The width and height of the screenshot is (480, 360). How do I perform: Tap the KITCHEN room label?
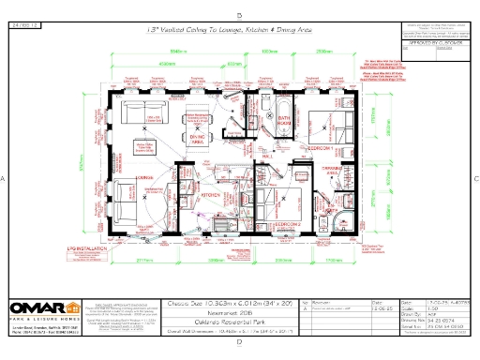(x=210, y=194)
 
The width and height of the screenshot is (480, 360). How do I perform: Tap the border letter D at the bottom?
(x=240, y=343)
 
